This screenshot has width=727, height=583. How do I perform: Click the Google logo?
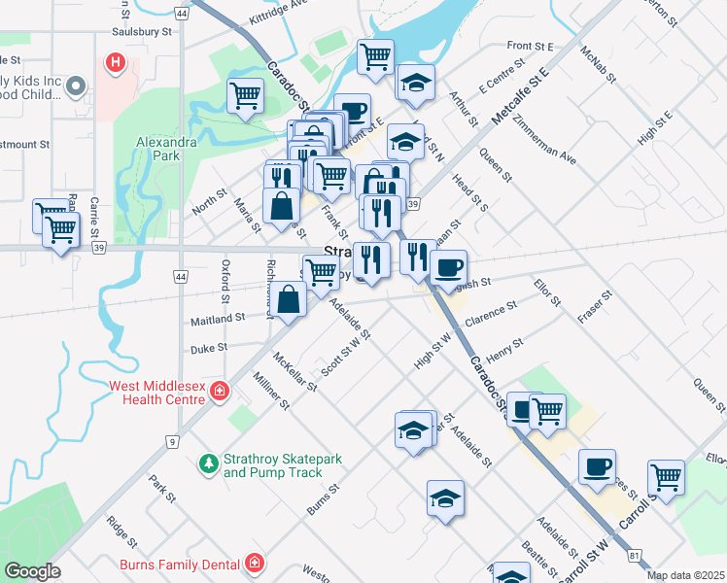tap(32, 571)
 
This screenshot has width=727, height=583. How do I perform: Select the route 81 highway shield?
tap(635, 555)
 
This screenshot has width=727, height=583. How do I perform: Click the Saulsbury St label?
tap(142, 31)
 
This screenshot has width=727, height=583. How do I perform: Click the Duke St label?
tap(208, 346)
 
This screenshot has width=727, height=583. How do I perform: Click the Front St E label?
tap(530, 46)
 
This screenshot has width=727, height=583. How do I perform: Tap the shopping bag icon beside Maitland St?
tap(290, 300)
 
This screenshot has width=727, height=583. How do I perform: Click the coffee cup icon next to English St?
tap(448, 267)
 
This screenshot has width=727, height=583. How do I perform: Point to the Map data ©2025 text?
tap(684, 575)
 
